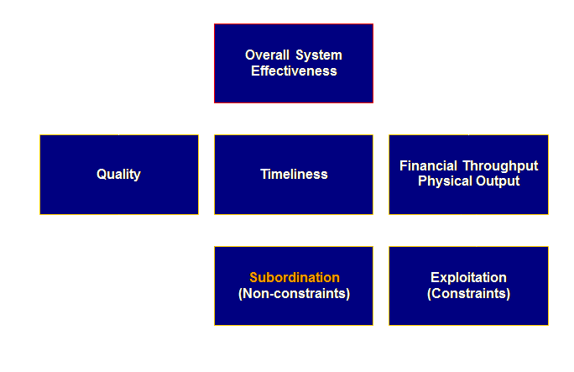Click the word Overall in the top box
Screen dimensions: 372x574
point(264,55)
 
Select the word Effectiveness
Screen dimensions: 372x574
point(294,71)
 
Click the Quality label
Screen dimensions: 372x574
point(118,175)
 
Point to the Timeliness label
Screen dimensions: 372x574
point(294,175)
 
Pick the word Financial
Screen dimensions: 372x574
point(427,165)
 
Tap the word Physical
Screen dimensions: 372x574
point(441,181)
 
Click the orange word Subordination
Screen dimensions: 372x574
point(295,277)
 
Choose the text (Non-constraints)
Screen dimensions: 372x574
point(294,294)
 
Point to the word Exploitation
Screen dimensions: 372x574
point(468,277)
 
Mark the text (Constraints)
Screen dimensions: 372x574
point(468,294)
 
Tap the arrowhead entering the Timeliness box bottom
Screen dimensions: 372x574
point(294,221)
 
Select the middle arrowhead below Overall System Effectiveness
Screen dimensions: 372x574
point(294,109)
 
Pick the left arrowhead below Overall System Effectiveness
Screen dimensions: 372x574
point(278,109)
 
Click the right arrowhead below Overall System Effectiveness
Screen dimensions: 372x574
point(310,109)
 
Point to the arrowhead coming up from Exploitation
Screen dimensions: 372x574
point(477,221)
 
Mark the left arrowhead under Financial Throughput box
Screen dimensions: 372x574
point(460,221)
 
